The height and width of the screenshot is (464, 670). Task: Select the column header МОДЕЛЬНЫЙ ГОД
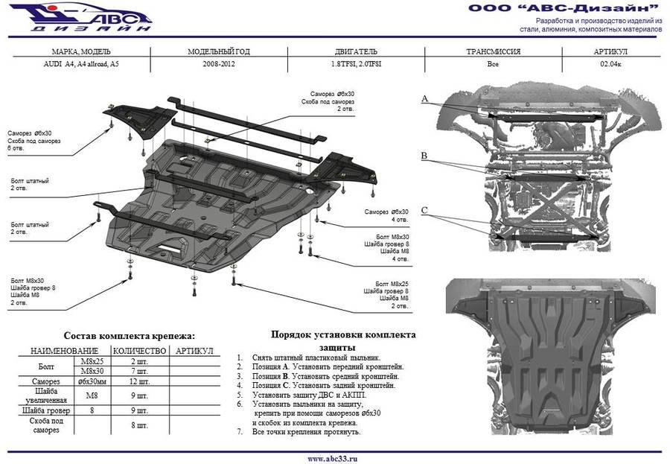(219, 53)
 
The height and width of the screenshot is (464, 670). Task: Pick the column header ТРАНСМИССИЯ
(492, 53)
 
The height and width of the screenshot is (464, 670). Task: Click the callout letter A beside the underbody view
(424, 99)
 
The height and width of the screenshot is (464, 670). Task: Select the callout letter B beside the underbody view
(424, 156)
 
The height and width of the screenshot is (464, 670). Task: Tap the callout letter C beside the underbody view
(424, 211)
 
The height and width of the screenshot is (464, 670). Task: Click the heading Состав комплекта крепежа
(129, 336)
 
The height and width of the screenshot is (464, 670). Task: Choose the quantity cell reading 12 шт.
(139, 381)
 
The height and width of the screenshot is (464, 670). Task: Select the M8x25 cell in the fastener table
(92, 361)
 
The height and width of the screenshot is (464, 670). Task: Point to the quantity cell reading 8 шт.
(139, 425)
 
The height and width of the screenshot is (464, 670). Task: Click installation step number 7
(240, 432)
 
